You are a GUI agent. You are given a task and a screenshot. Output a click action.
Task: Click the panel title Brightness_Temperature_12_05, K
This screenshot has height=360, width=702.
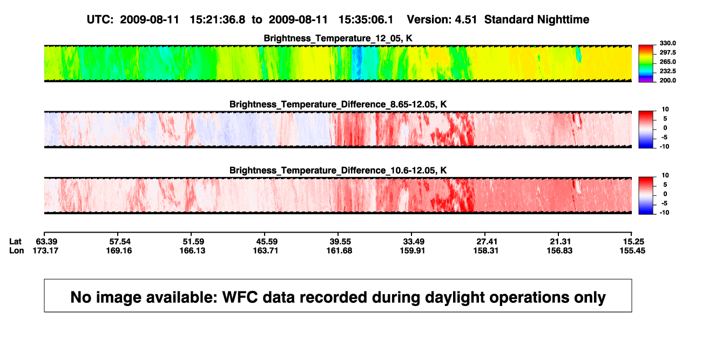point(338,38)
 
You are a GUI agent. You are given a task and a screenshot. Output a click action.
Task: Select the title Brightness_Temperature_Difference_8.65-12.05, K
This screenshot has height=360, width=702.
point(338,104)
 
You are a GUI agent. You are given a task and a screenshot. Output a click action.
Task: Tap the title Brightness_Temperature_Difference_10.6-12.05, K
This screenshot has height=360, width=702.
point(338,171)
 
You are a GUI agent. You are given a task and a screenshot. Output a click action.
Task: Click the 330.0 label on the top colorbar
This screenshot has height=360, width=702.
point(667,43)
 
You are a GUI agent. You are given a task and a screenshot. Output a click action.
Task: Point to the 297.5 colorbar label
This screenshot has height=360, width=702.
point(667,52)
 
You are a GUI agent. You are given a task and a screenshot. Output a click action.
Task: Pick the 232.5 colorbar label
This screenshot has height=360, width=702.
point(667,71)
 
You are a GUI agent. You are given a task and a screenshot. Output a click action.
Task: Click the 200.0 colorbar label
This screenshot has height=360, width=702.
point(667,80)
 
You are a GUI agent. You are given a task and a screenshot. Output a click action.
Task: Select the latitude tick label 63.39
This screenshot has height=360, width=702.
point(46,242)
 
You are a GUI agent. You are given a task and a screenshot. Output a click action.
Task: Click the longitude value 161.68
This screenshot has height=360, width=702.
point(339,250)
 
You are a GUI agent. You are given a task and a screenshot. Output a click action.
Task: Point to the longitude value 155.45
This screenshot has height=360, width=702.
point(632,250)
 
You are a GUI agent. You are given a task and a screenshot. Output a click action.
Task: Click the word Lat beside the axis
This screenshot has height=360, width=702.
point(15,242)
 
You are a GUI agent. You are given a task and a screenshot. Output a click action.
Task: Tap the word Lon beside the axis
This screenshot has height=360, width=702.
point(17,250)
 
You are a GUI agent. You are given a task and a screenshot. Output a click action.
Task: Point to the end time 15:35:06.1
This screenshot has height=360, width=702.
point(366,19)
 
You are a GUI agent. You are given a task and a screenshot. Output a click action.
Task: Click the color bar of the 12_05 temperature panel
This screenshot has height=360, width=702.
point(646,64)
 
